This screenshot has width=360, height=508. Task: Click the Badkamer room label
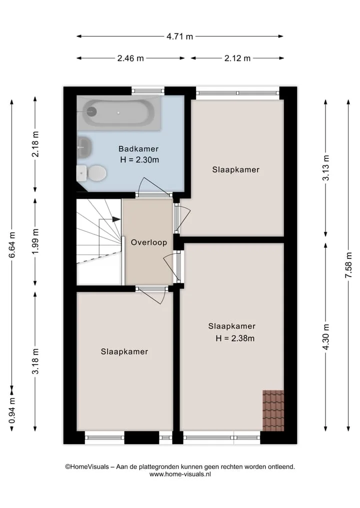138,149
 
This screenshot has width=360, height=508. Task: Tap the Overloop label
149,242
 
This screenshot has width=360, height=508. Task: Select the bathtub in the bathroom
119,113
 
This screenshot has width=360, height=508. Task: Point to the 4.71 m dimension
179,36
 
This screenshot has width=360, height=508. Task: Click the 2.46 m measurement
130,58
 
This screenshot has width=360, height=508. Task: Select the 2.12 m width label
237,58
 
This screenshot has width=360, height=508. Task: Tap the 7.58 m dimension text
348,265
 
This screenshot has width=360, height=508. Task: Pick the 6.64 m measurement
12,245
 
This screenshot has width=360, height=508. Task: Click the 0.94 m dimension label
12,411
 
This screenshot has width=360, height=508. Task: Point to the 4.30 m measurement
326,337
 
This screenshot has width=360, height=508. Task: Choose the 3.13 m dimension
326,167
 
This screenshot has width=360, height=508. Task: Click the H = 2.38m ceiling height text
235,339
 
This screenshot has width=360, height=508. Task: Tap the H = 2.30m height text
139,160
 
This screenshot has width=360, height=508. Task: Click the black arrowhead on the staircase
116,219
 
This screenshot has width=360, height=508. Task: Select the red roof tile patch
273,411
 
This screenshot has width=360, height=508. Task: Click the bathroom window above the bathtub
148,91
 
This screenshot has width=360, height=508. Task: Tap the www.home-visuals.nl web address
180,474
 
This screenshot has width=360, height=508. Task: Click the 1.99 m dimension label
35,241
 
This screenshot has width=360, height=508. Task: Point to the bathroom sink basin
84,147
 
